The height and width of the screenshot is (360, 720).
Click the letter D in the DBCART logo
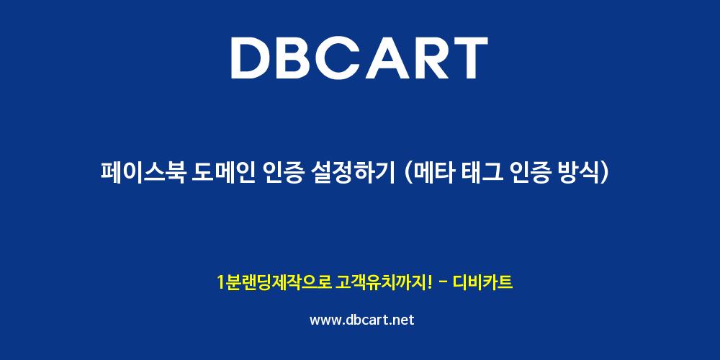click(251, 58)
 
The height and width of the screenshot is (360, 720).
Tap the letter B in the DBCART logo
click(297, 58)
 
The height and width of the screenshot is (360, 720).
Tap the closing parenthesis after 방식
click(604, 174)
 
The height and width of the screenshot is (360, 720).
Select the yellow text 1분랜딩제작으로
click(274, 282)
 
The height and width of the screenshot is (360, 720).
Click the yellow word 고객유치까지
click(380, 282)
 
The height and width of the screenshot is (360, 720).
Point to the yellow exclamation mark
click(429, 282)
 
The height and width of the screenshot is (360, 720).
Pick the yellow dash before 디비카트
click(443, 283)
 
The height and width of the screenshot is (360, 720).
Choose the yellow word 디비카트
click(482, 282)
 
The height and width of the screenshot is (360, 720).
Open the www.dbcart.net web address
click(362, 320)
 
